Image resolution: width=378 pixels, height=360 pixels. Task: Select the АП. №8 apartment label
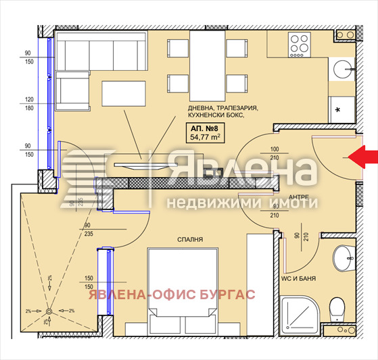point(204,128)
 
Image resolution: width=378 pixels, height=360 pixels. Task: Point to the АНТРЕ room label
point(299,196)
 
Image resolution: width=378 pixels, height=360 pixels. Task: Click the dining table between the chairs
point(202,64)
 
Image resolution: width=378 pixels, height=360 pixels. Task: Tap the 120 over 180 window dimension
point(29,103)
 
